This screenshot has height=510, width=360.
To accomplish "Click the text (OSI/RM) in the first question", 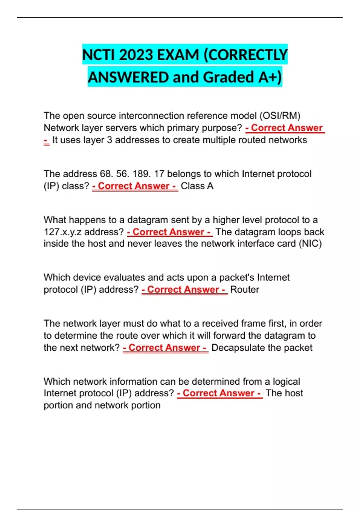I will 280,116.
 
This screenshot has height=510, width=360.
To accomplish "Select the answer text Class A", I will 197,186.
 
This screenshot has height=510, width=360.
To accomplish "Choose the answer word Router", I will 244,289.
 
